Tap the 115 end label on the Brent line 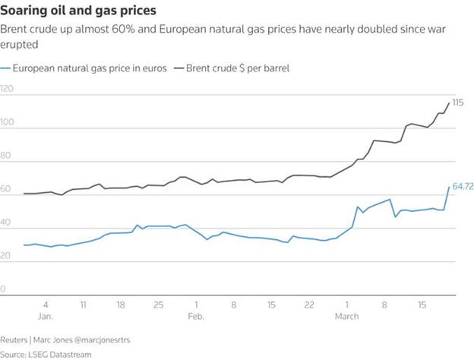458,102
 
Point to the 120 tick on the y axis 8,89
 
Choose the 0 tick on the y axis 4,289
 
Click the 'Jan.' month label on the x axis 46,314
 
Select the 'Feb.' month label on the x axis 195,314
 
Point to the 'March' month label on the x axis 348,314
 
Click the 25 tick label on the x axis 158,304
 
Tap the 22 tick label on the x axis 308,304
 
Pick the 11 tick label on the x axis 83,304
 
